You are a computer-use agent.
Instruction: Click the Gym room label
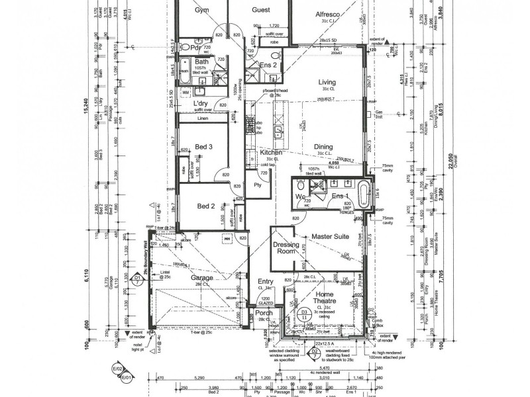point(201,11)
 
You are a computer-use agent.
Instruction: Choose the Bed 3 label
point(203,146)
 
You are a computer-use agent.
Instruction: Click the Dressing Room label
point(286,247)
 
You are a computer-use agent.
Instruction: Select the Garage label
point(203,278)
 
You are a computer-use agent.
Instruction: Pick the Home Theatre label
point(325,296)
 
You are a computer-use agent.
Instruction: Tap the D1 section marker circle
point(138,279)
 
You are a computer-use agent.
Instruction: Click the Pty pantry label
point(257,187)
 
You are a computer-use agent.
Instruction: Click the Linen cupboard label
point(203,118)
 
